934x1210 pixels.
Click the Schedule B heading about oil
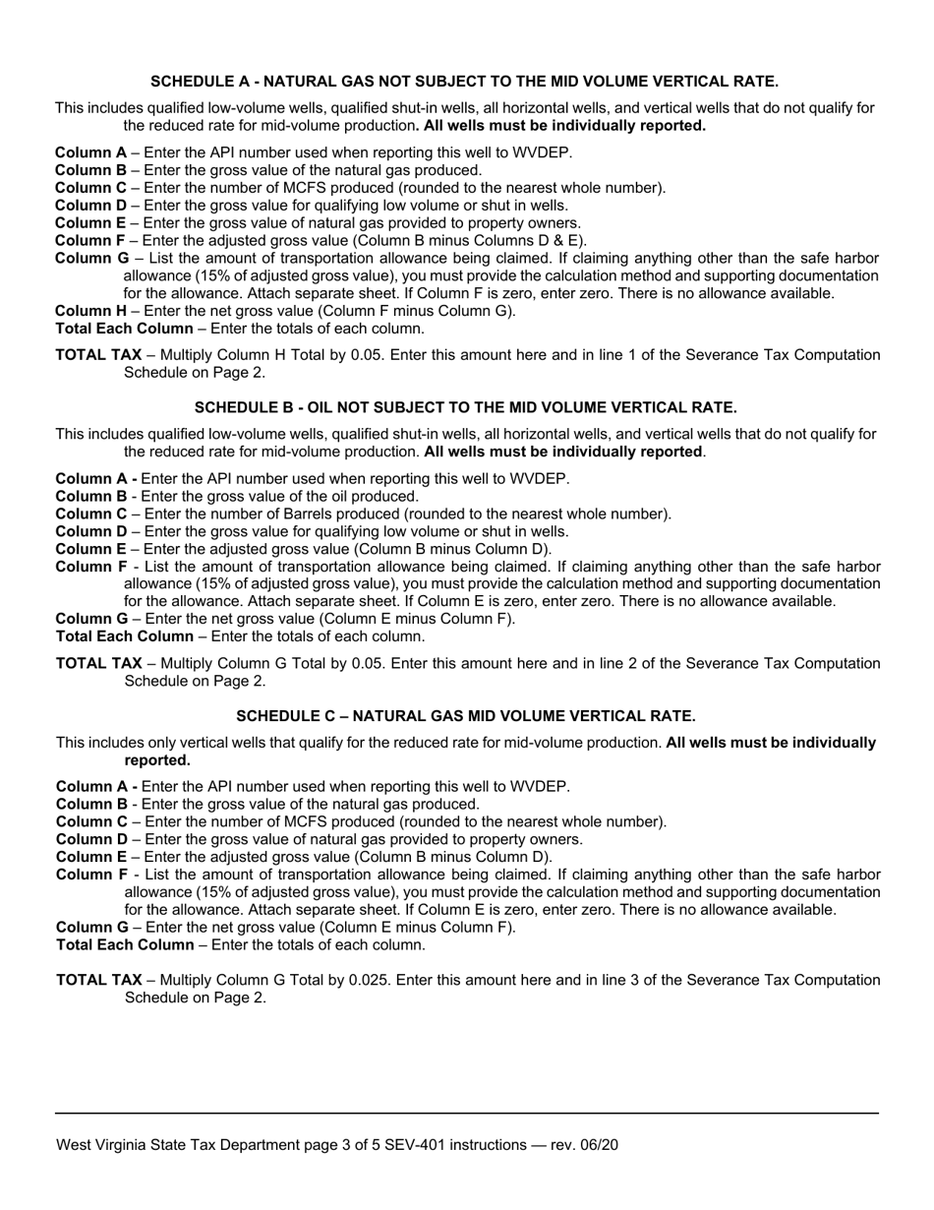click(x=465, y=407)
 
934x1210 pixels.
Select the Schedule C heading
click(x=465, y=716)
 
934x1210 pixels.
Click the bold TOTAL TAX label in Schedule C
click(x=99, y=980)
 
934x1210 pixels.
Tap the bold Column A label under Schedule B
click(x=96, y=478)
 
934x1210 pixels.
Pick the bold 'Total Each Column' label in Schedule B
click(x=124, y=636)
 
